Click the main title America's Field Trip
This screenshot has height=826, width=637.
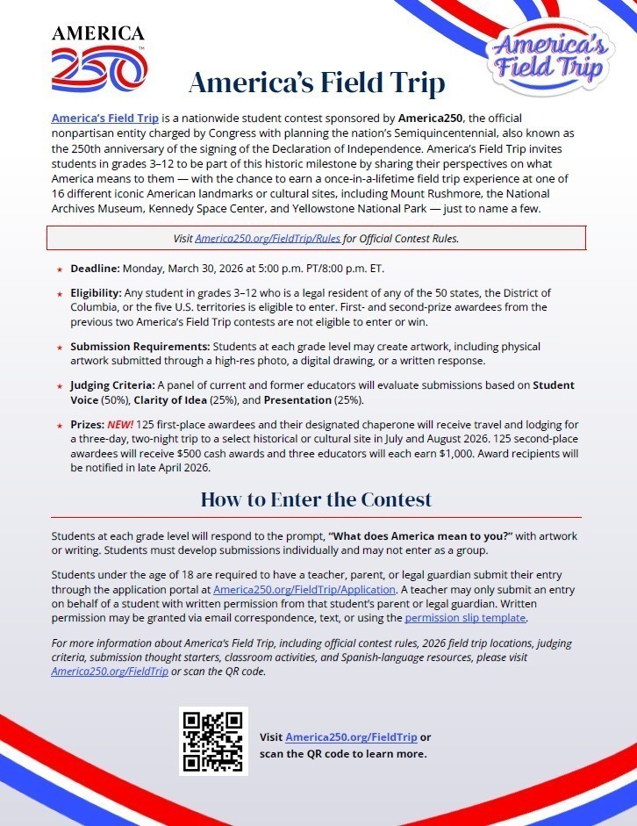pos(317,83)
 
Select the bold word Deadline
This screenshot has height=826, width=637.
pos(95,268)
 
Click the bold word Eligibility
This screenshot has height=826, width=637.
pos(97,292)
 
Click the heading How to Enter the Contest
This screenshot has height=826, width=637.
pos(316,499)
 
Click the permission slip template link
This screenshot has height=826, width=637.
pos(465,617)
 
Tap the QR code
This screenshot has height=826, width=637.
pos(213,741)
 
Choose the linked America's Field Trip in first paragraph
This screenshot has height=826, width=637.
pos(104,117)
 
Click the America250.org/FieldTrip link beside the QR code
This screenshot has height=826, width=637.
pos(351,737)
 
